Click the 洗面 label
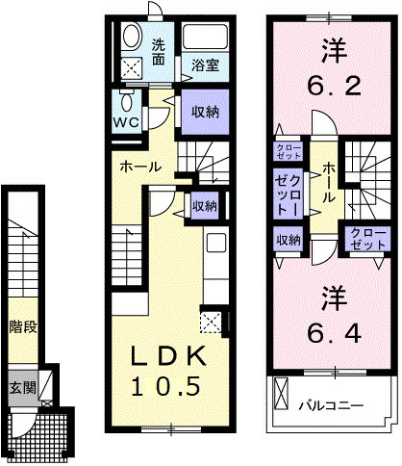tap(160, 51)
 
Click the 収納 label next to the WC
tap(205, 111)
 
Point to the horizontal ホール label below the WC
tap(140, 167)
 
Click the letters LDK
tap(168, 356)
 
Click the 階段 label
tap(24, 326)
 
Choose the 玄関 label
tap(23, 388)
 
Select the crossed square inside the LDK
tap(212, 321)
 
